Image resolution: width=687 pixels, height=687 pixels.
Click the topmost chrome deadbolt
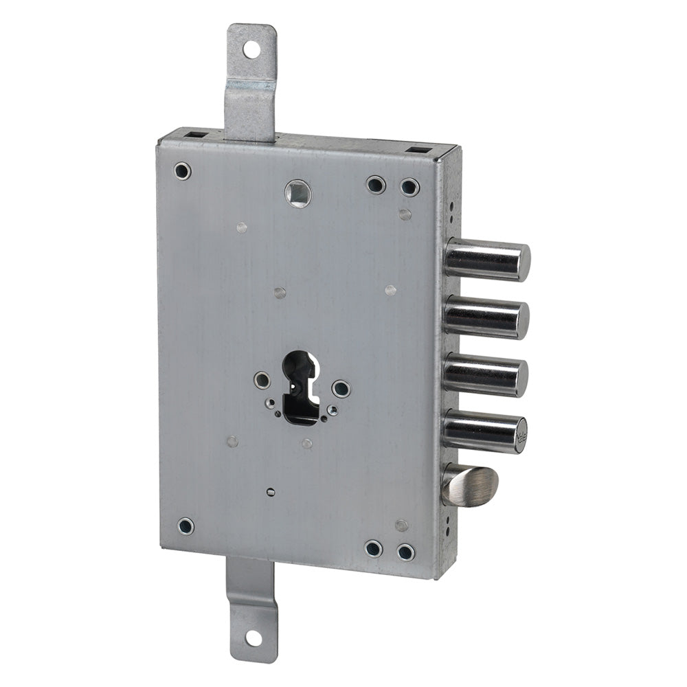click(487, 260)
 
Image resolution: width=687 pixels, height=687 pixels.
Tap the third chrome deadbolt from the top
click(485, 375)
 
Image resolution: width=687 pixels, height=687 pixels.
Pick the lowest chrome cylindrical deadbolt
click(484, 431)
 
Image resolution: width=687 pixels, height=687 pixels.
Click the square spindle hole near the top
click(297, 193)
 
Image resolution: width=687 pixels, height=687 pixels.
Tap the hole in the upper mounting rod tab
click(251, 49)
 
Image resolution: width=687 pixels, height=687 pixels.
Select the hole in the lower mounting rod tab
click(253, 638)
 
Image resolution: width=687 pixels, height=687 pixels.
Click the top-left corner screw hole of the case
click(182, 170)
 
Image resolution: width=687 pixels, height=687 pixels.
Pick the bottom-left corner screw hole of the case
click(185, 526)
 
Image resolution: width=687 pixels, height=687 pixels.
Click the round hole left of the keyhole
click(262, 380)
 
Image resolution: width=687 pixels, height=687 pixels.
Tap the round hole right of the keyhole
click(341, 389)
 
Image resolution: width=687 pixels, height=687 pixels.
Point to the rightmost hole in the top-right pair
click(409, 187)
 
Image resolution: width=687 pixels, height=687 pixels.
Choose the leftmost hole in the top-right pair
click(376, 184)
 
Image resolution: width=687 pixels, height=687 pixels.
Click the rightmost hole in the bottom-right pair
click(406, 552)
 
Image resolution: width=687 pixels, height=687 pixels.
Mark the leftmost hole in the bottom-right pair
click(373, 548)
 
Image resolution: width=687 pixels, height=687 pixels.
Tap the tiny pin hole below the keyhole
click(271, 492)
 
